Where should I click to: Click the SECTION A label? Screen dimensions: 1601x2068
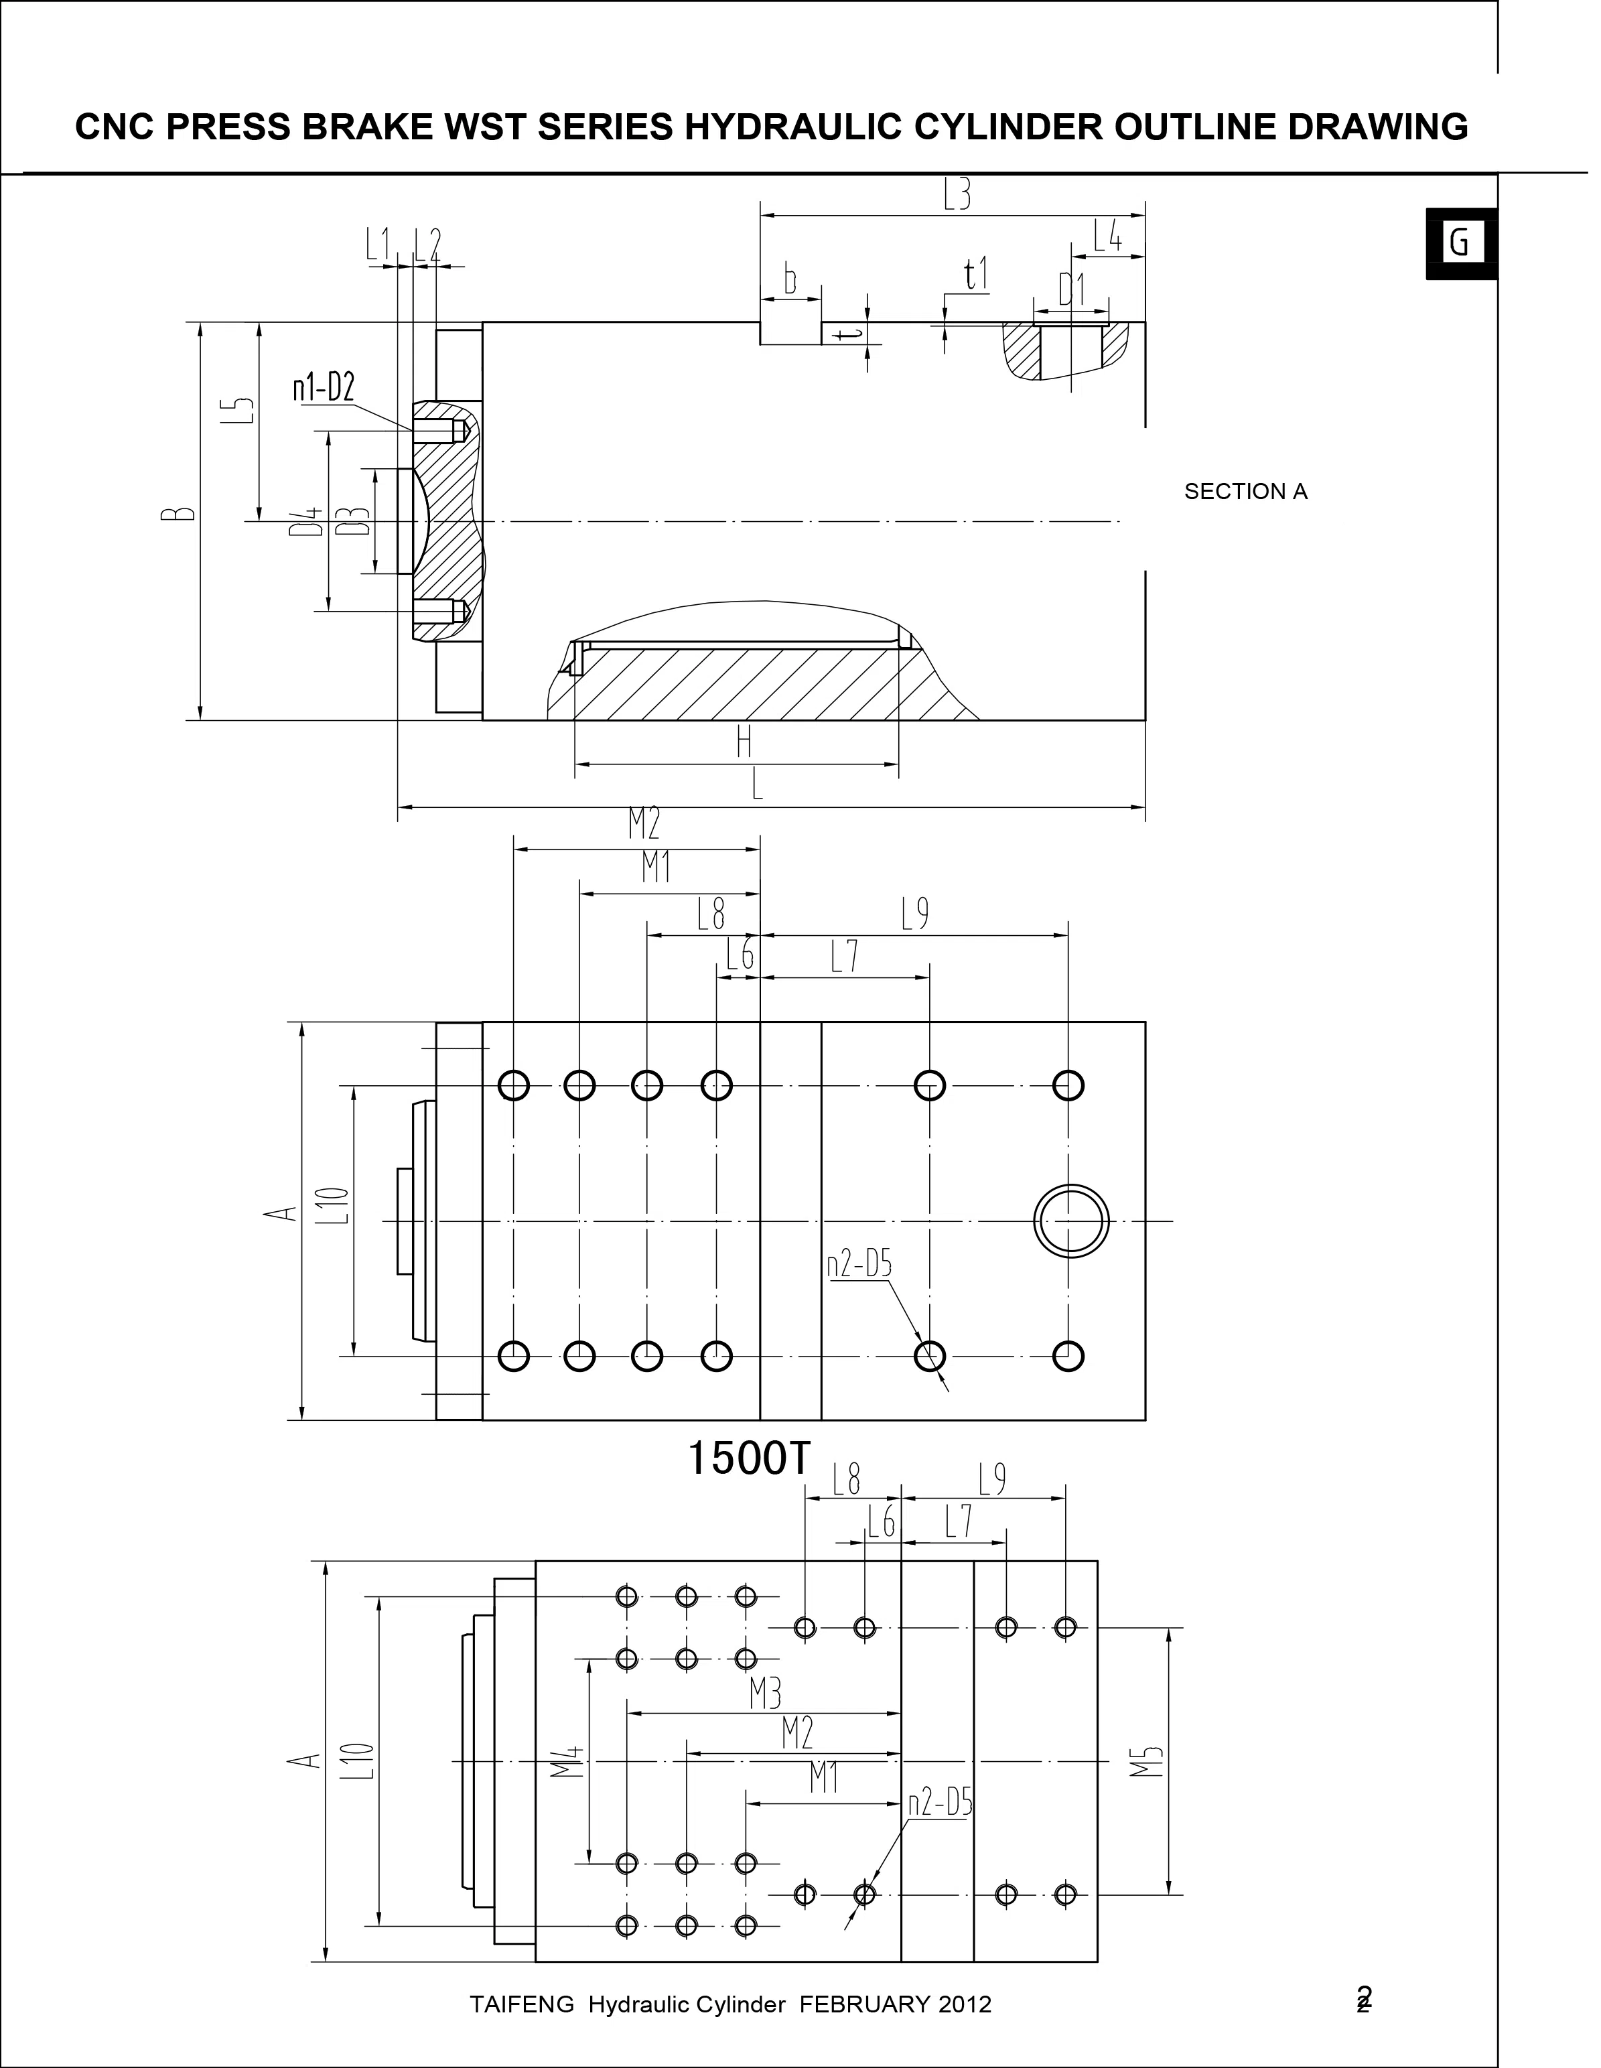pos(1245,492)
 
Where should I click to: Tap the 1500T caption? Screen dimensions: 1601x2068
pos(748,1458)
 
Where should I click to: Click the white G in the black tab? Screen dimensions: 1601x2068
pos(1459,243)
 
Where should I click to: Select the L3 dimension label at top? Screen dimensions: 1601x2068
pos(957,195)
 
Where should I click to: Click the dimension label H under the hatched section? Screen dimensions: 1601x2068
pos(744,742)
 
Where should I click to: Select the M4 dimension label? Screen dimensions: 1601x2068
pos(568,1761)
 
